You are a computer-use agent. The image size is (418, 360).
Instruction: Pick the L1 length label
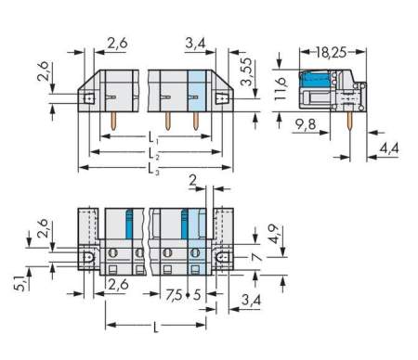click(x=153, y=137)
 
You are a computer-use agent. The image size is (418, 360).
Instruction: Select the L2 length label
click(x=153, y=152)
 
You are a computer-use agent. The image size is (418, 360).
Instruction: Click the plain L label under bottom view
click(x=153, y=328)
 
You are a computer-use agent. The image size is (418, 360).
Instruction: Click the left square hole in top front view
click(x=89, y=96)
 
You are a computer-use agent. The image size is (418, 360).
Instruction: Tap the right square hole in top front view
click(x=224, y=96)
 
